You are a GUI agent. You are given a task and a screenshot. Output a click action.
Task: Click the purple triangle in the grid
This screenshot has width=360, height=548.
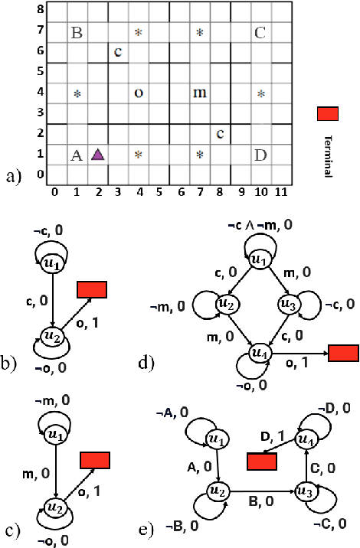[97, 154]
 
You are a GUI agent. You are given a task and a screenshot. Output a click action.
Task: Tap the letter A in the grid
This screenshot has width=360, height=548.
[76, 155]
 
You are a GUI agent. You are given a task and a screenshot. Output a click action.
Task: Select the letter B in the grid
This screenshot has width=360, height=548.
[76, 33]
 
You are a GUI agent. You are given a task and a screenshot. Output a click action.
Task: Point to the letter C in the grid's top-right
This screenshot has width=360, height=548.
[260, 33]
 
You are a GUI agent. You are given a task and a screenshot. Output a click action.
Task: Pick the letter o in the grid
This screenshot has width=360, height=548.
[139, 93]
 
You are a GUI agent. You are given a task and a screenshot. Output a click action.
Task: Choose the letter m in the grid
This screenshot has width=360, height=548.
[200, 93]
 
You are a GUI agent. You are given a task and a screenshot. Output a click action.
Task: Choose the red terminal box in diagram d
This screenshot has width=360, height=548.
[343, 354]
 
